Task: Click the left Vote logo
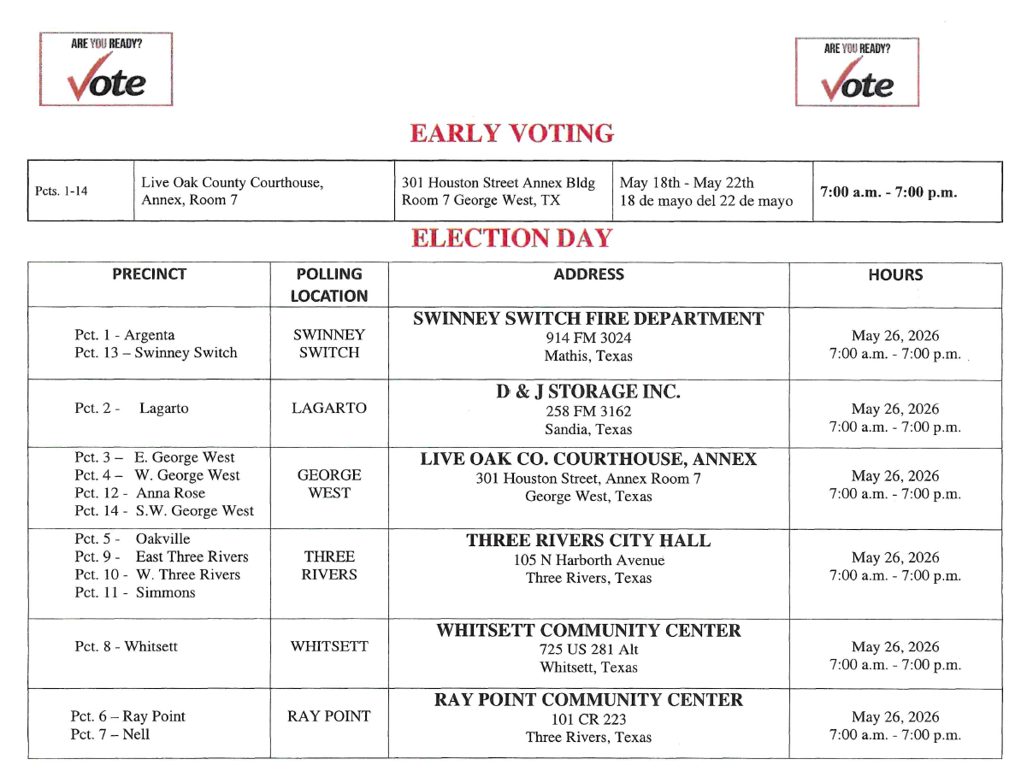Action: (106, 69)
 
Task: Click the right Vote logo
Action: (857, 72)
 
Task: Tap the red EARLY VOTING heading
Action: (511, 133)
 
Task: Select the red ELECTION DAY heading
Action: (511, 238)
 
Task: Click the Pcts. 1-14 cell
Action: (62, 192)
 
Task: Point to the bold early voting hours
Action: (888, 192)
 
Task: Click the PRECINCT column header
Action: (149, 274)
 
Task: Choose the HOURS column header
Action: (895, 275)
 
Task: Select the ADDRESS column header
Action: (588, 274)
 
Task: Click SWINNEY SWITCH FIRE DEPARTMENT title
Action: (588, 319)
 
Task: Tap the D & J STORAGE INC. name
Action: (588, 392)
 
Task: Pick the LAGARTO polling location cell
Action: (329, 409)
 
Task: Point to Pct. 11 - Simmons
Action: (135, 592)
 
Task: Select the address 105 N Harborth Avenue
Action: (588, 561)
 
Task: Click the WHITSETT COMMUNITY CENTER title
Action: (588, 631)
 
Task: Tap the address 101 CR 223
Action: (588, 719)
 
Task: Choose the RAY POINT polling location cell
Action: (329, 716)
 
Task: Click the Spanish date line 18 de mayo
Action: (706, 202)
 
